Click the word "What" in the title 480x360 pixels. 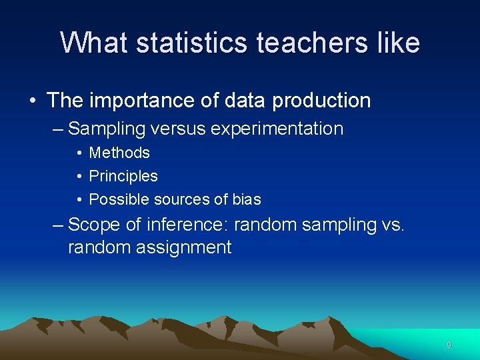(x=93, y=43)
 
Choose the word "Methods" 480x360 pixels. (x=119, y=153)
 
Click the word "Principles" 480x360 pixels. (x=123, y=177)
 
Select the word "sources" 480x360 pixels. (x=181, y=199)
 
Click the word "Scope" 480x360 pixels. (x=93, y=225)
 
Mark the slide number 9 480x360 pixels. (x=449, y=345)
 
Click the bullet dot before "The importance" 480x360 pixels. (x=33, y=101)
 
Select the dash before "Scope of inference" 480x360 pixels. (x=58, y=225)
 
